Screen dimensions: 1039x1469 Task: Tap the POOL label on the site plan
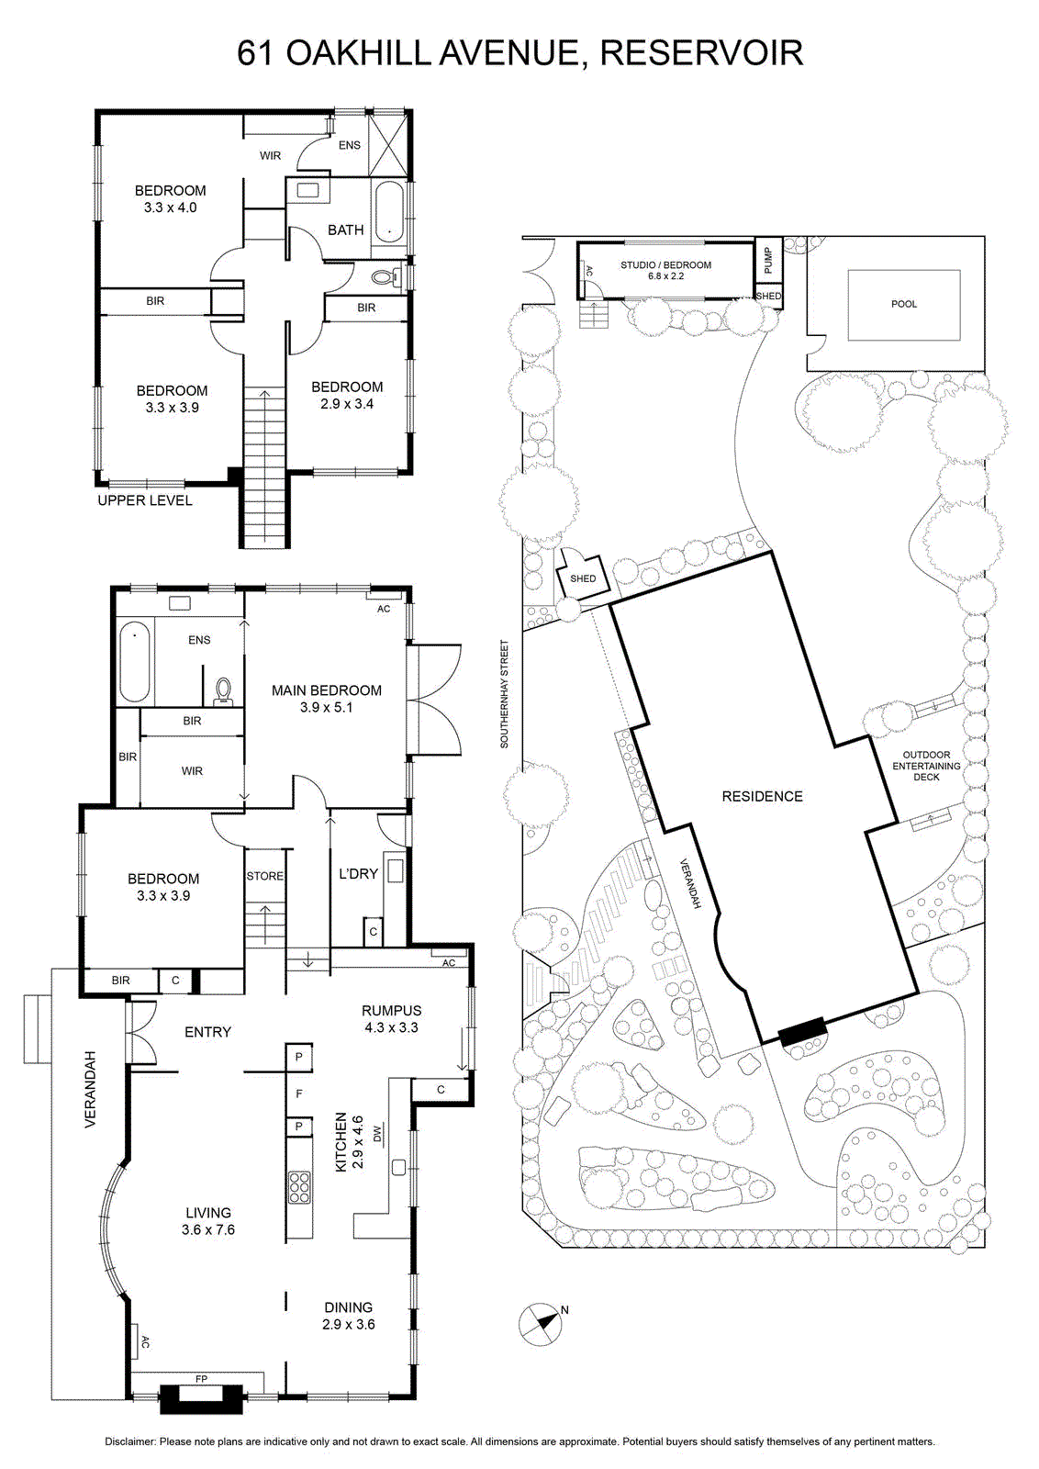(904, 304)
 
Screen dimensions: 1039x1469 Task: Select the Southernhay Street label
(504, 694)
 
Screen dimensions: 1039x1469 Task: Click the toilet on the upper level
(385, 276)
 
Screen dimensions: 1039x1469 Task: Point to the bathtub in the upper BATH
(389, 219)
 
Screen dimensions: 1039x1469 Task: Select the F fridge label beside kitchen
(299, 1093)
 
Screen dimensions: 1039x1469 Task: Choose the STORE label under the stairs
(265, 876)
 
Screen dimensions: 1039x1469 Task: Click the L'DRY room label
(358, 873)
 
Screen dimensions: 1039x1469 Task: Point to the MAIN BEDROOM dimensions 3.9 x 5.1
(327, 708)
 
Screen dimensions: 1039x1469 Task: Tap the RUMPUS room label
(391, 1011)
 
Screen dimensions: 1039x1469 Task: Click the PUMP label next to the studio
(768, 261)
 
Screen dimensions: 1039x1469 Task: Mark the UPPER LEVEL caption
(145, 500)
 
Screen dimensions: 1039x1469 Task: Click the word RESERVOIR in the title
(701, 54)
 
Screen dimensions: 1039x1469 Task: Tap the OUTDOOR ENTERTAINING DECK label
(926, 766)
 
